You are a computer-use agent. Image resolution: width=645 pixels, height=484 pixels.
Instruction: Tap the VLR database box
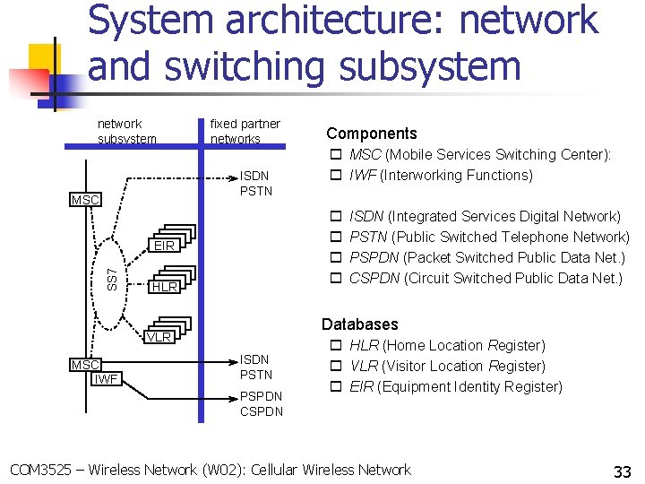click(159, 337)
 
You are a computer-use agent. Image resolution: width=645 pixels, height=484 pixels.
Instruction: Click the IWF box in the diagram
click(107, 379)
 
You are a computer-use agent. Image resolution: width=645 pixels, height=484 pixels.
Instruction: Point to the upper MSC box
click(85, 199)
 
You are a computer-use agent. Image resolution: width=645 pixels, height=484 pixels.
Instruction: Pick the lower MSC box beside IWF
click(85, 365)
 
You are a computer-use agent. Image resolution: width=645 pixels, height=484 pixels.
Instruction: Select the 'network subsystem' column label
click(126, 131)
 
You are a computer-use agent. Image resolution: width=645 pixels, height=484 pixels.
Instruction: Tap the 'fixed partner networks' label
click(245, 131)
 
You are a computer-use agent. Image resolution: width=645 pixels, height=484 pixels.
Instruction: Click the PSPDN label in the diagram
click(261, 395)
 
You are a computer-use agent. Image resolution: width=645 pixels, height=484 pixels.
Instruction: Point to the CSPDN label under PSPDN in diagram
click(261, 411)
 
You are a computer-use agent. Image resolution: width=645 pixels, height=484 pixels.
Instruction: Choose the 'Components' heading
click(371, 133)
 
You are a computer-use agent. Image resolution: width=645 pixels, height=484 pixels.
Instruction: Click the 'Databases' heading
click(359, 324)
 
